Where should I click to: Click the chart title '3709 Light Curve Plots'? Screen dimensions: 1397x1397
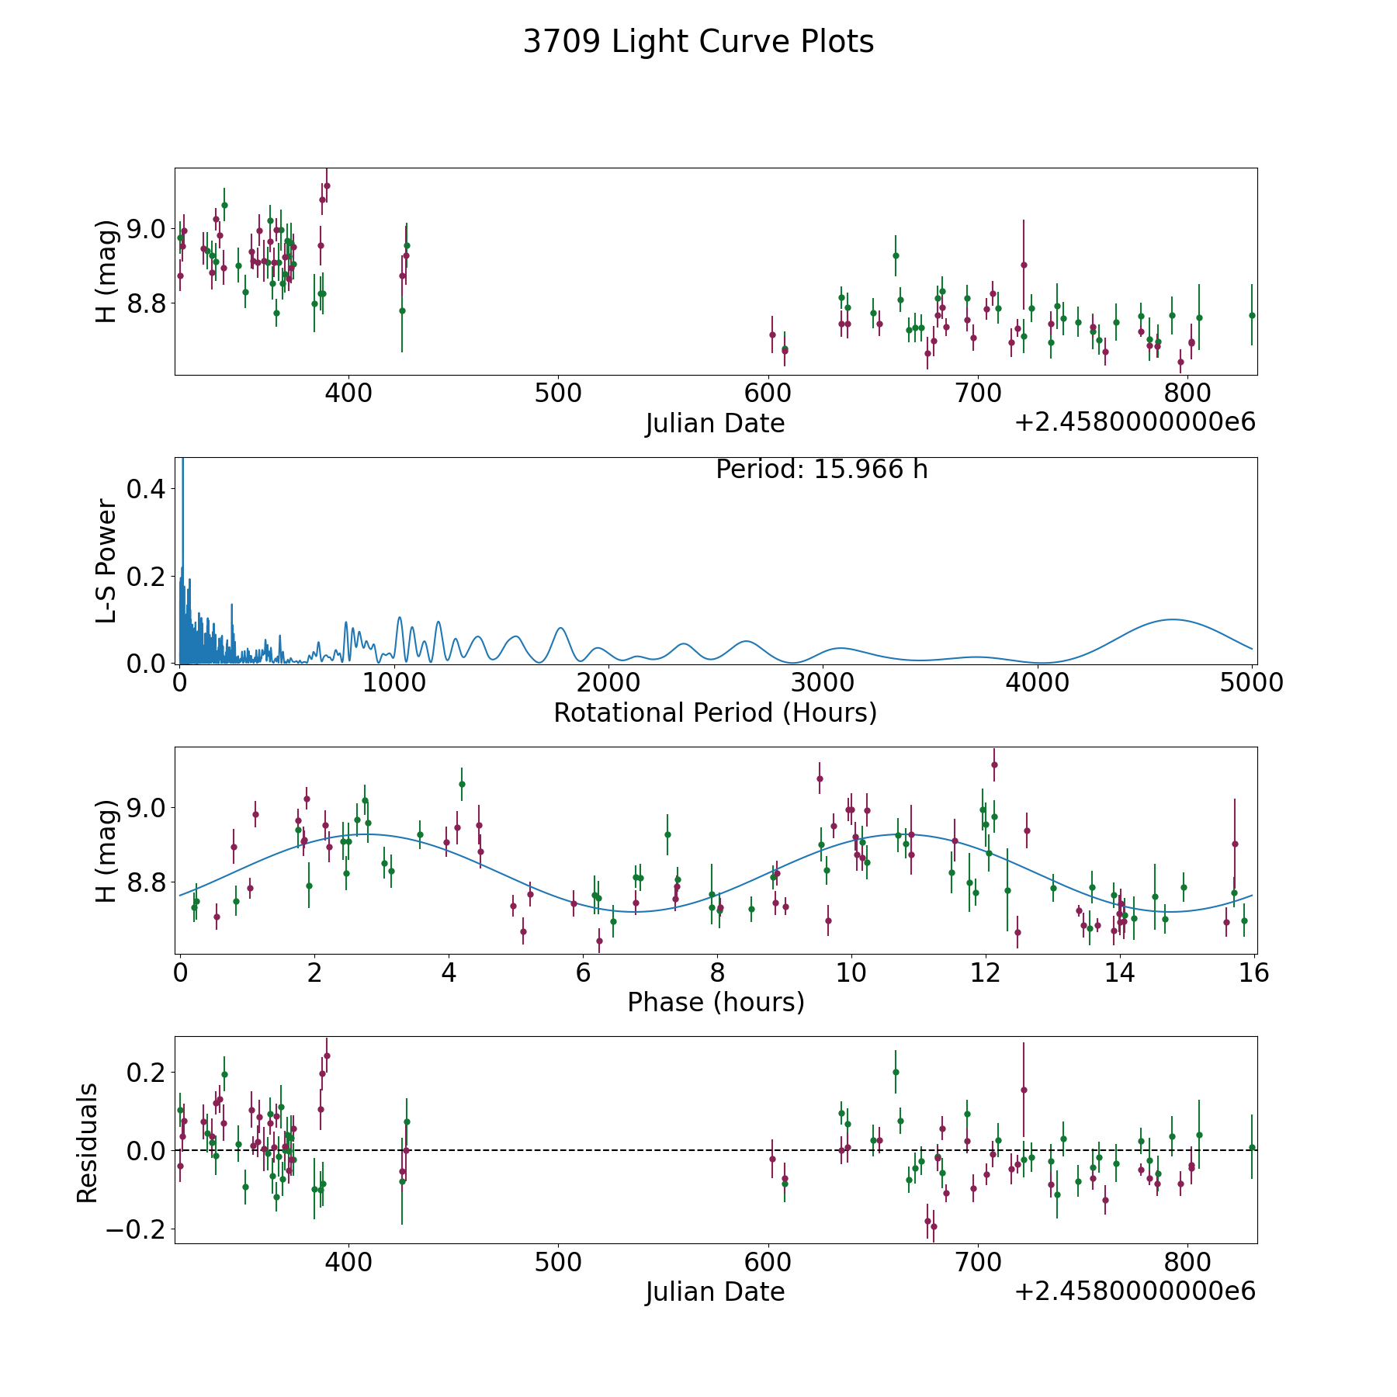coord(698,42)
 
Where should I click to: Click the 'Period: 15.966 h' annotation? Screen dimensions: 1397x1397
coord(821,470)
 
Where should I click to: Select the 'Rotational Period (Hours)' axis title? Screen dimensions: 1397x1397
coord(715,712)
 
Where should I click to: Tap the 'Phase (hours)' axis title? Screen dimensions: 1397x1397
coord(716,1002)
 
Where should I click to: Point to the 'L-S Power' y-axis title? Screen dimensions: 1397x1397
coord(106,561)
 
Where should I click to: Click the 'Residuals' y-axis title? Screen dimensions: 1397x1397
coord(87,1142)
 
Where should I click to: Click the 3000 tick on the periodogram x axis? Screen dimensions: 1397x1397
coord(823,682)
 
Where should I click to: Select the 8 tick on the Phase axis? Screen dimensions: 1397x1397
coord(717,972)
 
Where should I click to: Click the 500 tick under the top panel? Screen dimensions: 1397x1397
coord(558,393)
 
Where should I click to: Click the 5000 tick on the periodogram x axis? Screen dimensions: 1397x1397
coord(1252,682)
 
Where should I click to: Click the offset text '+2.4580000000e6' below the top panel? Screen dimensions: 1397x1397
coord(1135,422)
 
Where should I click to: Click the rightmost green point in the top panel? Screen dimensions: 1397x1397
coord(1251,315)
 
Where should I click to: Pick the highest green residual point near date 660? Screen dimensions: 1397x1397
coord(895,1072)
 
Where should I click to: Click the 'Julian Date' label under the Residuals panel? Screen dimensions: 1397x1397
coord(715,1291)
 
